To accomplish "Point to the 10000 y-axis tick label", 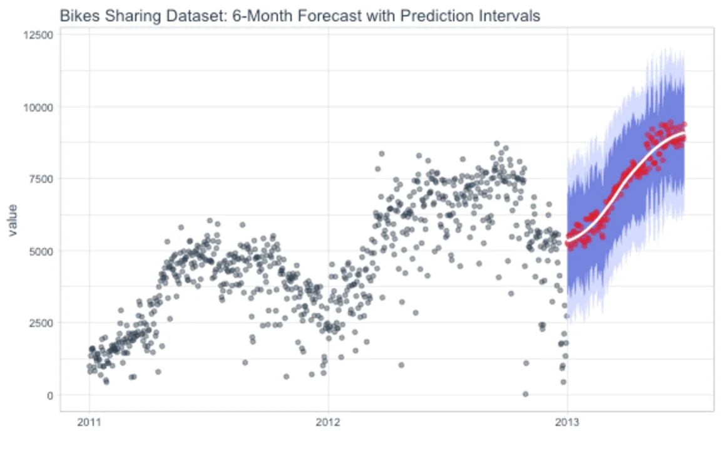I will (x=39, y=106).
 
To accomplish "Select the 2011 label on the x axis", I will (x=89, y=422).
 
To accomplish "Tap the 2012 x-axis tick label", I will (x=328, y=422).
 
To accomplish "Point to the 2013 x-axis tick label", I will (x=567, y=422).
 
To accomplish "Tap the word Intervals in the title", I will (x=508, y=16).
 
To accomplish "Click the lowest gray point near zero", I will (x=525, y=394).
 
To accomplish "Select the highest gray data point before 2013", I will (x=496, y=143).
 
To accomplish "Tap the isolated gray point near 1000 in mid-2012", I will (x=401, y=365).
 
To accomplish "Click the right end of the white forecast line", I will (x=684, y=133).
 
